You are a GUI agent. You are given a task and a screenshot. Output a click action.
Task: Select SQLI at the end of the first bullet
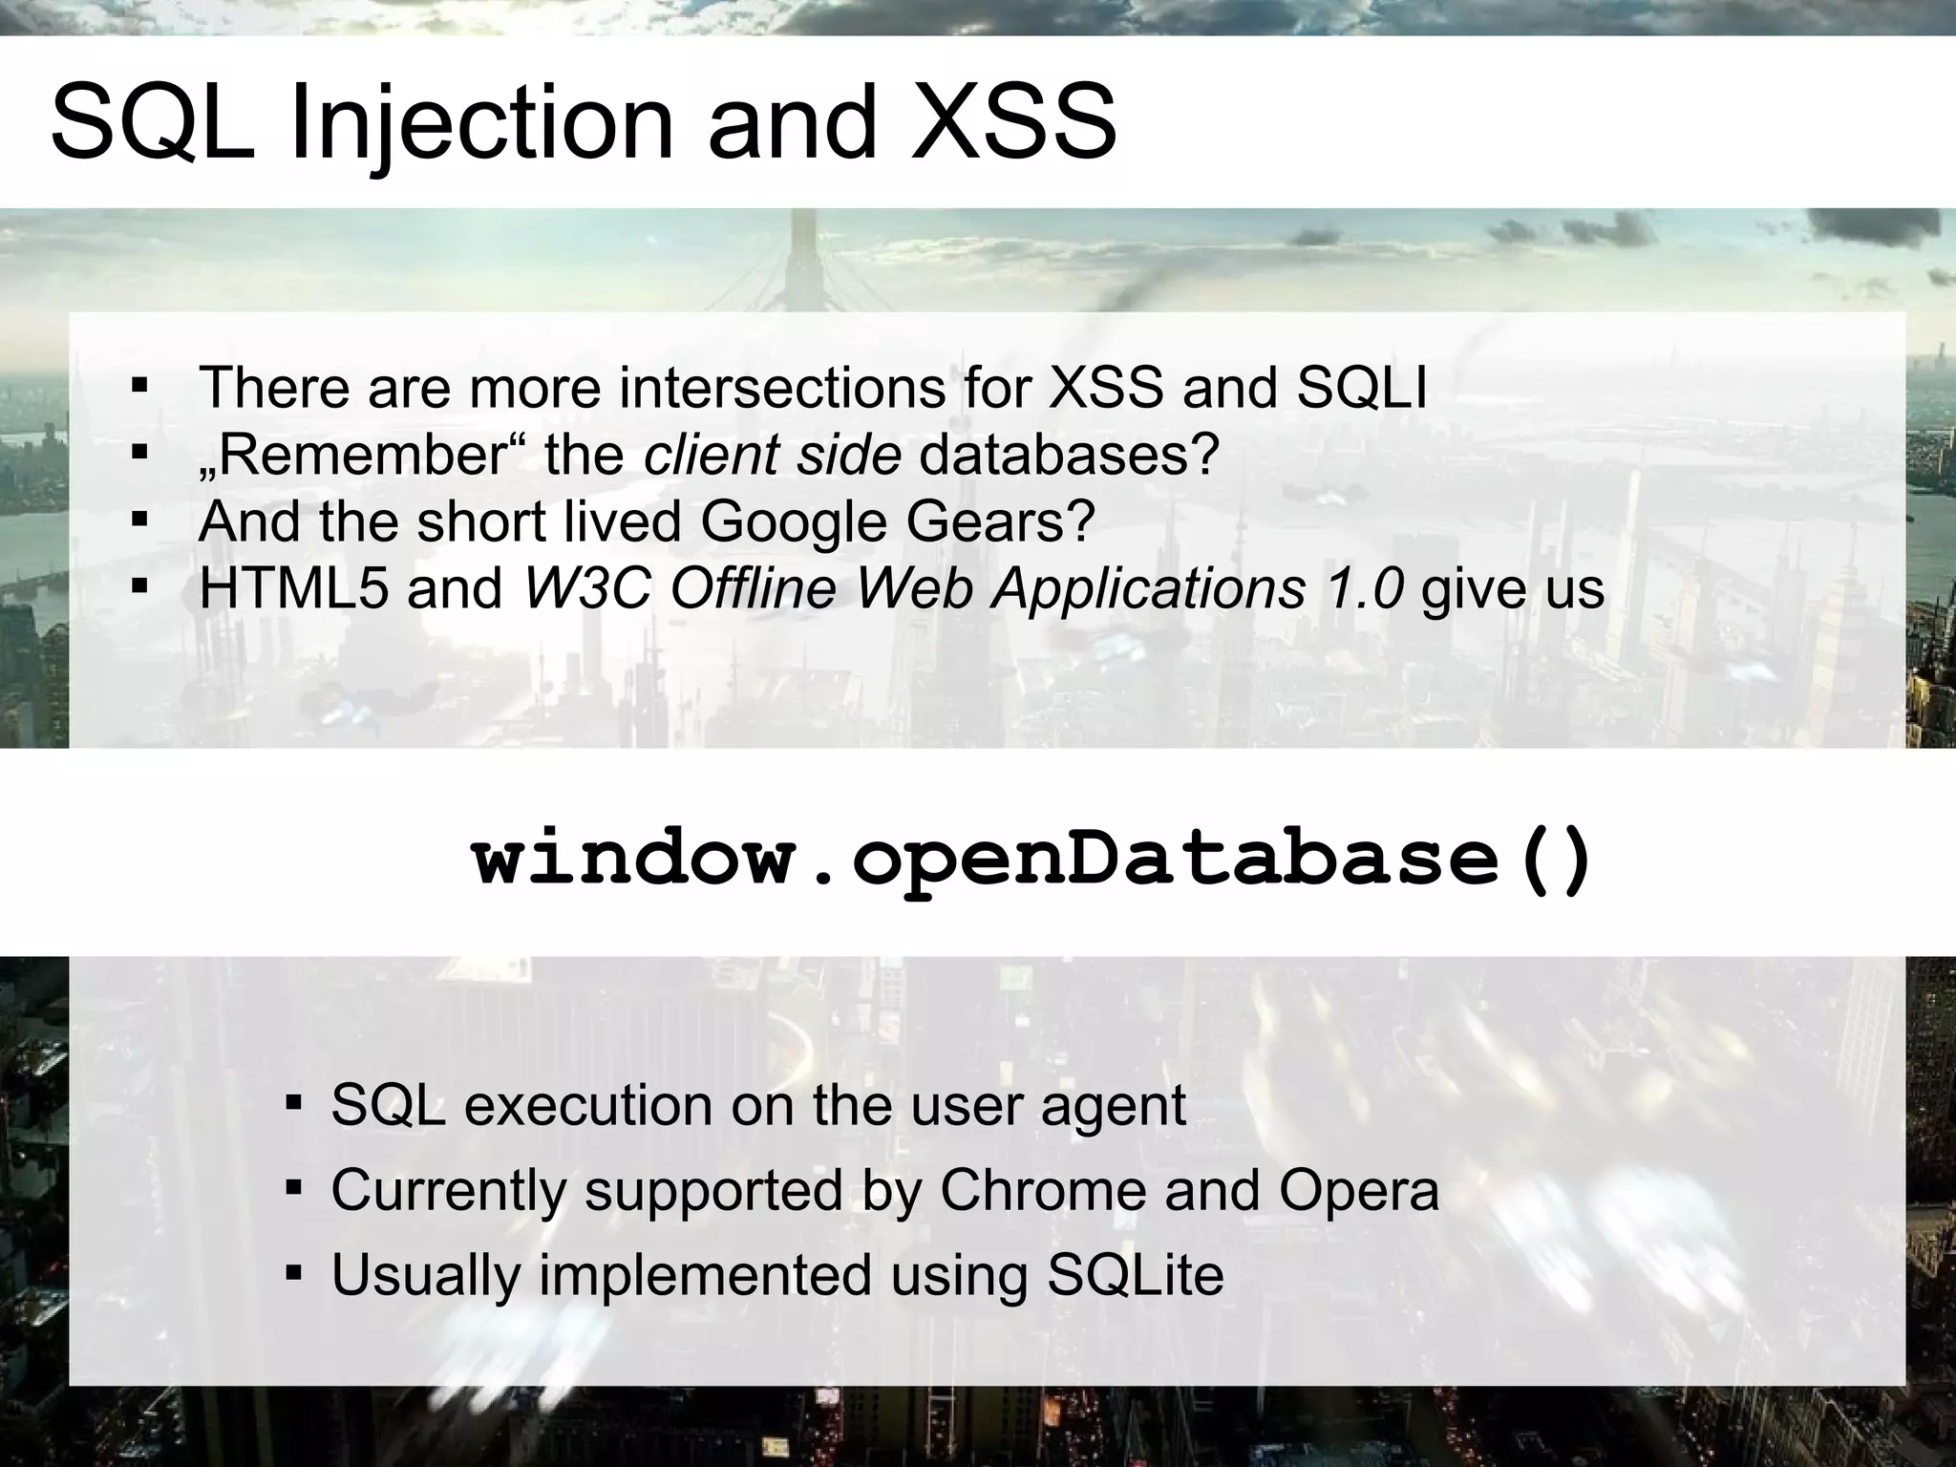coord(1361,389)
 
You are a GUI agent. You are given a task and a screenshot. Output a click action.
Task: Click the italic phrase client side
coord(772,456)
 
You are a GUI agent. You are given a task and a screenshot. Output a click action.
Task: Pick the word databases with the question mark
coord(1068,456)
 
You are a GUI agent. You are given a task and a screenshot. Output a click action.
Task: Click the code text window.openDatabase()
coord(1031,860)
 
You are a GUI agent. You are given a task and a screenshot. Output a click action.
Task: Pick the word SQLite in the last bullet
coord(1136,1275)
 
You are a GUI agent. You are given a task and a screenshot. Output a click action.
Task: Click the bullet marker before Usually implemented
coord(294,1273)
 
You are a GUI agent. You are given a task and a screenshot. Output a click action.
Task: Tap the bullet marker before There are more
coord(140,387)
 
